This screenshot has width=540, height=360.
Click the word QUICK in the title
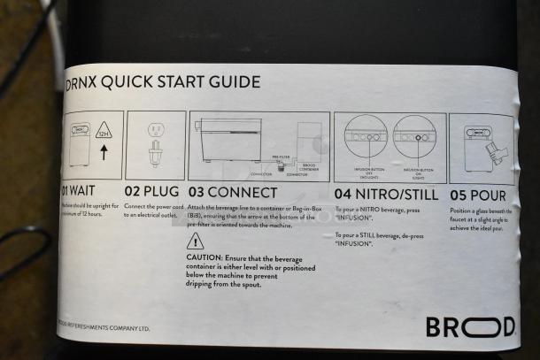coord(132,82)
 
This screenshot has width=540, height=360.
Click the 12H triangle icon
coord(104,132)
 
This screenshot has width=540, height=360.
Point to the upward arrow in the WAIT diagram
coord(104,153)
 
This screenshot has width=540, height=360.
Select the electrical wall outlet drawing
coord(154,130)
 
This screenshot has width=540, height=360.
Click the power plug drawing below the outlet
coord(154,155)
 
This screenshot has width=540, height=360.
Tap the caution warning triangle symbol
coord(196,241)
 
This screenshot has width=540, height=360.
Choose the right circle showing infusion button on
coord(413,136)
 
